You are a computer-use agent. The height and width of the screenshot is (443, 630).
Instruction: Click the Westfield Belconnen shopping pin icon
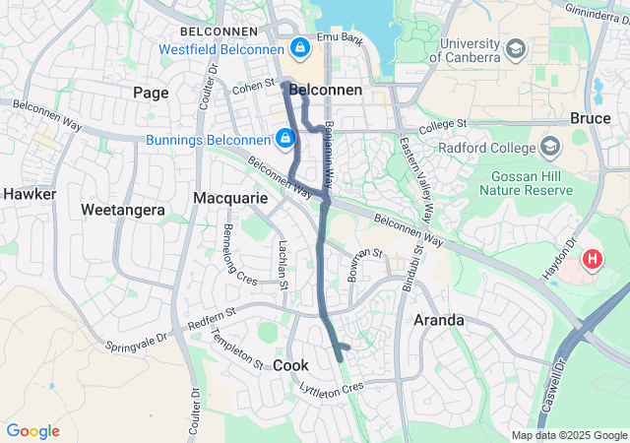point(298,47)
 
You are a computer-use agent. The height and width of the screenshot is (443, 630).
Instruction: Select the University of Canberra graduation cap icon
point(516,49)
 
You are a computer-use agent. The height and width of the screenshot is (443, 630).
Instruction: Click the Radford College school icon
point(550,148)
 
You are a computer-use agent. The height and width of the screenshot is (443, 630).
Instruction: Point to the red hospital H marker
point(593,261)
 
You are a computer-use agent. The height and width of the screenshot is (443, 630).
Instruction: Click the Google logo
point(33,431)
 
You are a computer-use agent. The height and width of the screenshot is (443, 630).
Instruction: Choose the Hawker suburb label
point(31,194)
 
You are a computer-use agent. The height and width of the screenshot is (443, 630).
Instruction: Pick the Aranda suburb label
point(439,320)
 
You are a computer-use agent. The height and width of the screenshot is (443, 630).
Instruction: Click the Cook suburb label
point(290,365)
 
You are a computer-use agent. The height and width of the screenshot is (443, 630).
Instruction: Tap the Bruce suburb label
point(591,118)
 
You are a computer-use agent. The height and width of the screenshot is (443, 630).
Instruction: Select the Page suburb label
point(151,93)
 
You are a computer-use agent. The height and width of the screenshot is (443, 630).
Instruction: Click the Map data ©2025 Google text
point(569,435)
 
